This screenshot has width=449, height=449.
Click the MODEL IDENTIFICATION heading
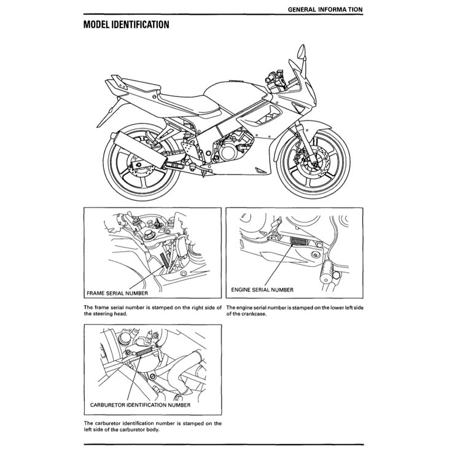126,25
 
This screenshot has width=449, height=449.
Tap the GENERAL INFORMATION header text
324,9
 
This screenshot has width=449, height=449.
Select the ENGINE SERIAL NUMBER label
262,289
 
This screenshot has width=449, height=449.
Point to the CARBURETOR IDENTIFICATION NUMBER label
140,405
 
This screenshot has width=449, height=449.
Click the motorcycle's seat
182,101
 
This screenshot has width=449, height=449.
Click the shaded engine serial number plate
297,241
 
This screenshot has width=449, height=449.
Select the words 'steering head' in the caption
106,313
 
